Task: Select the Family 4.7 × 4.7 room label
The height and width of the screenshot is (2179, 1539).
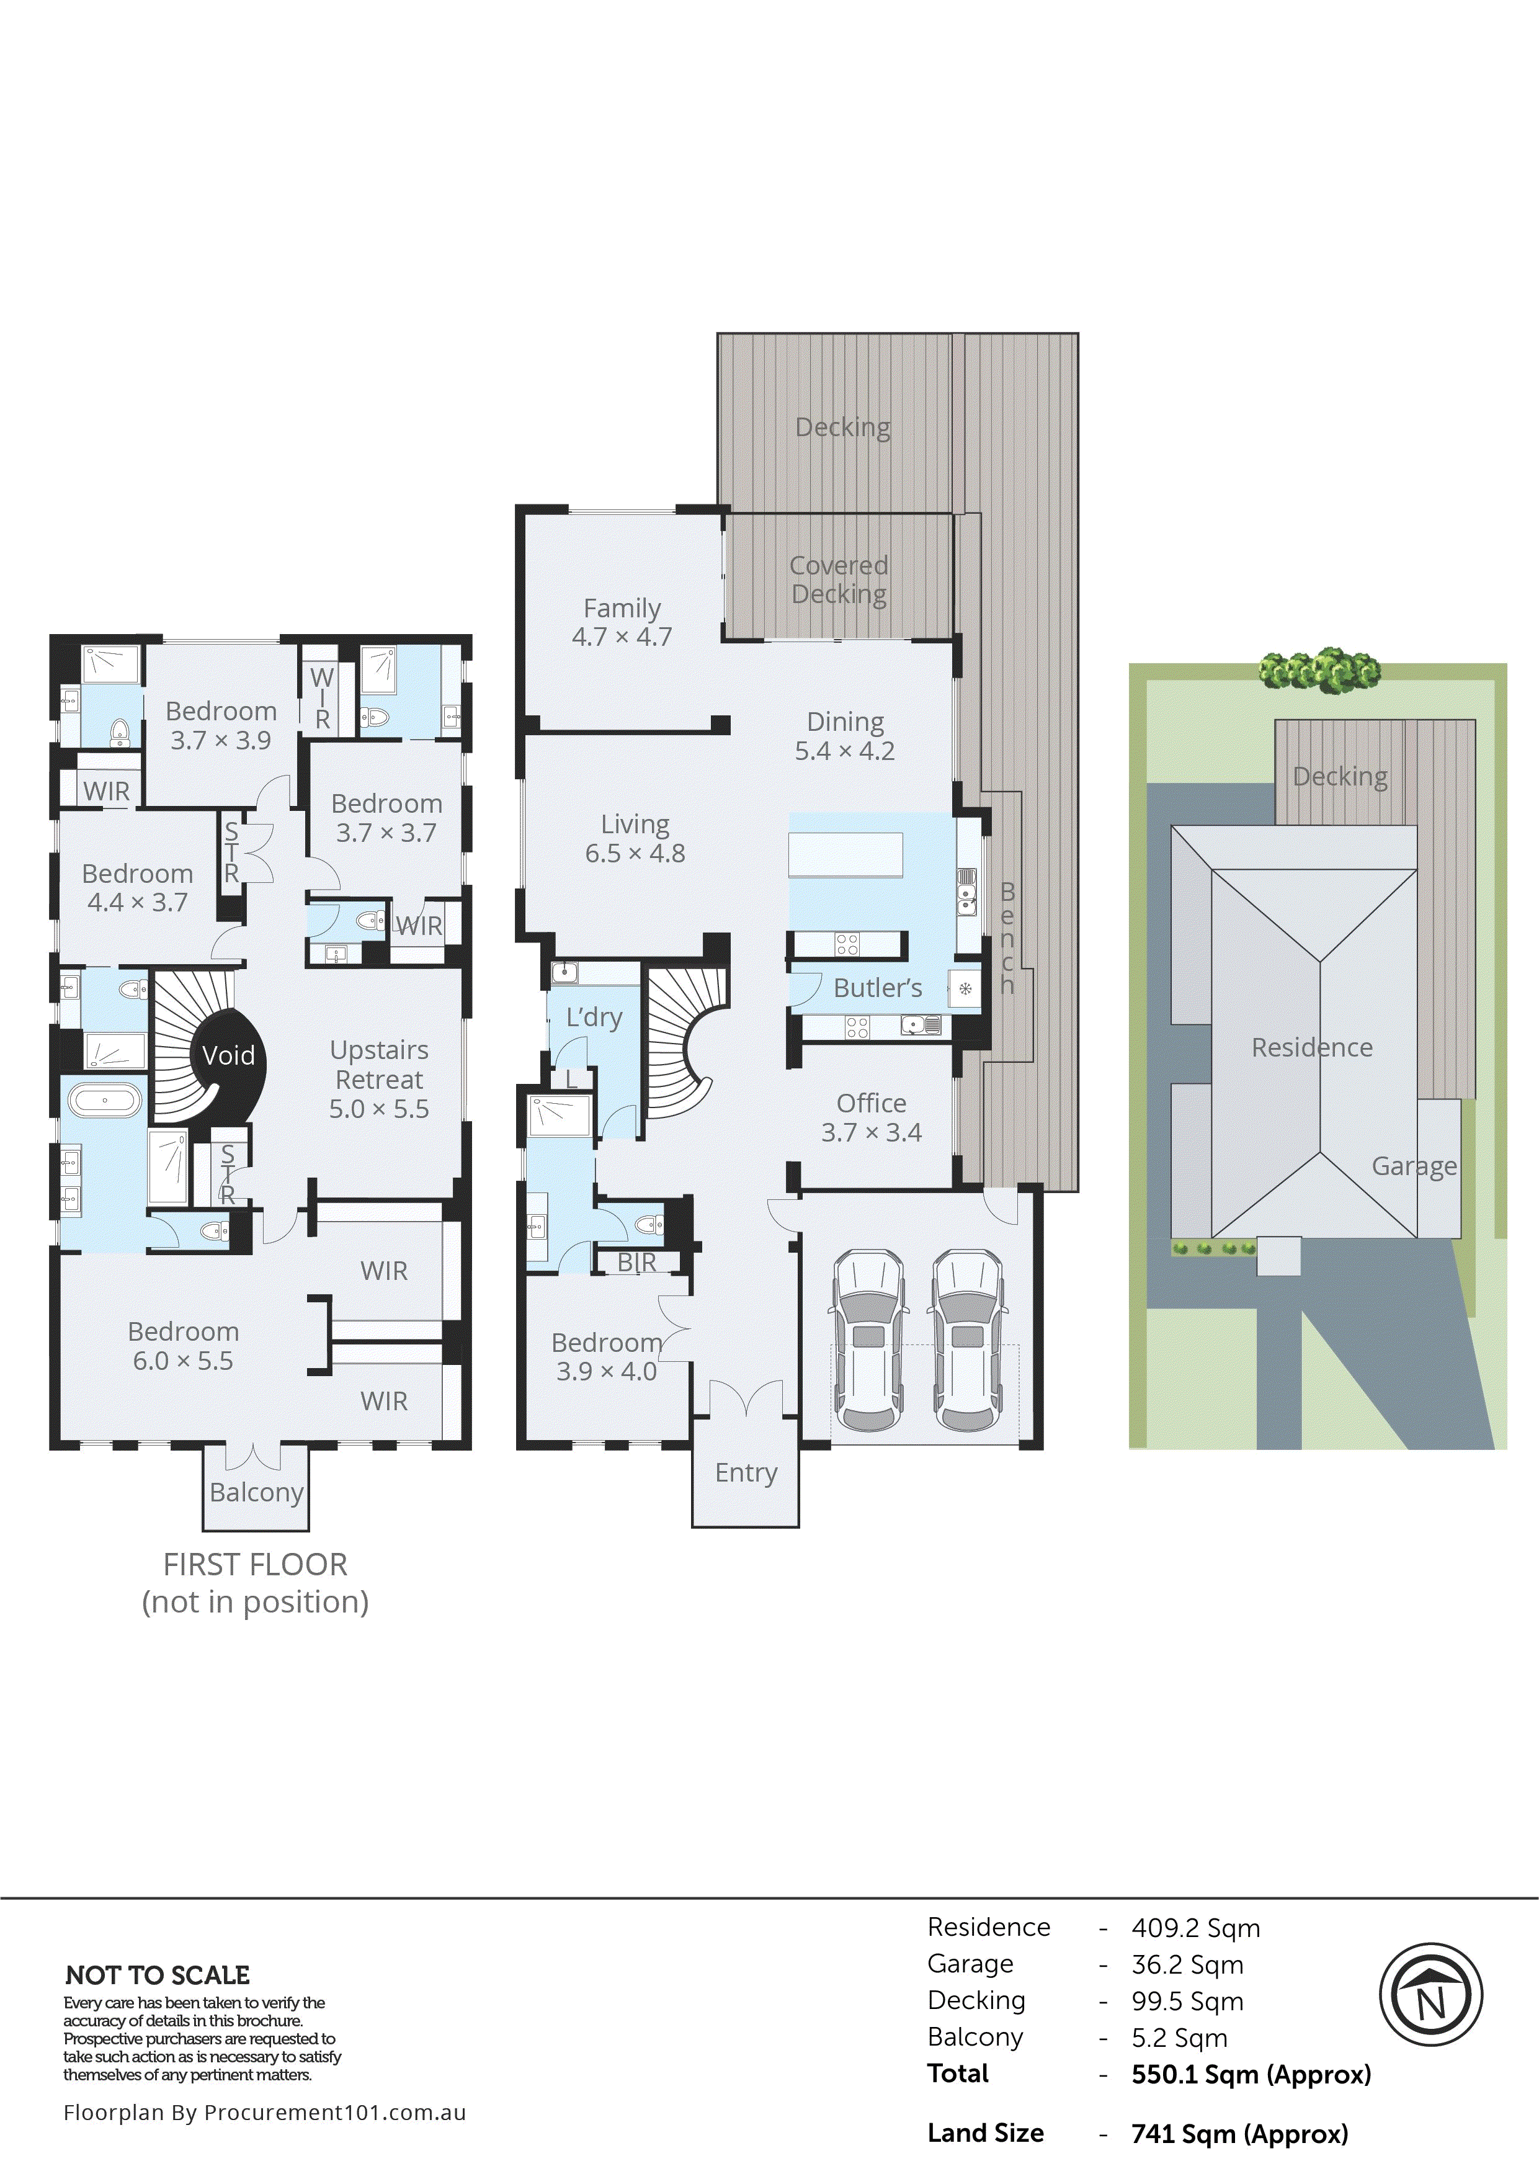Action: tap(622, 622)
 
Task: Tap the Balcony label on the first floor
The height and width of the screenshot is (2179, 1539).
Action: tap(256, 1493)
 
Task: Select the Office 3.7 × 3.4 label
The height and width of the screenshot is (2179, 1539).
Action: tap(871, 1117)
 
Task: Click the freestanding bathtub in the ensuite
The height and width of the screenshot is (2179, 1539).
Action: tap(104, 1101)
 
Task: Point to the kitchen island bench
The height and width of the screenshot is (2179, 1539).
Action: tap(845, 855)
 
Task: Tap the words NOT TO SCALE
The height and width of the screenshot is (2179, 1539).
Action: tap(158, 1975)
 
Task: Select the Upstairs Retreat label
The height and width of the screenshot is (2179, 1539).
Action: tap(378, 1079)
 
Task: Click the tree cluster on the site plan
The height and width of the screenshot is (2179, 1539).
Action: tap(1319, 670)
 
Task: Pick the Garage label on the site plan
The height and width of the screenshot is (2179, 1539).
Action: tap(1414, 1166)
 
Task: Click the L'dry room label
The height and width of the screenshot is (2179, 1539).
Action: tap(594, 1018)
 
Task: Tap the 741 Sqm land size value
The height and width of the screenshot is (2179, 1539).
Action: tap(1239, 2134)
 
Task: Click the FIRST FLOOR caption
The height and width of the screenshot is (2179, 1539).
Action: tap(255, 1564)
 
